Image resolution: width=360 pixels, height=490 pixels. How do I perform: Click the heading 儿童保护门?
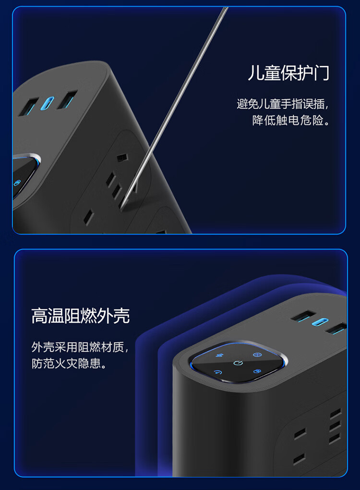288,73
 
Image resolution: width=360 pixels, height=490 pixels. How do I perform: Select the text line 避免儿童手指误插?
280,104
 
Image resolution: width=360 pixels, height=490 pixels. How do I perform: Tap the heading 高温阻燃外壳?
80,316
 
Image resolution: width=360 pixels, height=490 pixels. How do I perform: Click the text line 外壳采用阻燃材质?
77,347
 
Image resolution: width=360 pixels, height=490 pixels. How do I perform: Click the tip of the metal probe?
122,207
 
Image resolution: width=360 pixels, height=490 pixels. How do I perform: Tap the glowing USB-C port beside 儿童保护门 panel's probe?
47,103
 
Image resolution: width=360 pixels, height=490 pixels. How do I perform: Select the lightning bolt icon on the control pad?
220,355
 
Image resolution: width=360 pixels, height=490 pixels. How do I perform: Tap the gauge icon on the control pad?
217,372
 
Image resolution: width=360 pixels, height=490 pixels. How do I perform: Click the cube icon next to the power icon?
257,371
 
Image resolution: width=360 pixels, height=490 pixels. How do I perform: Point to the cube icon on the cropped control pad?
17,183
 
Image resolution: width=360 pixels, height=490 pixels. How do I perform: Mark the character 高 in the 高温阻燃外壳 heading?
39,316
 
